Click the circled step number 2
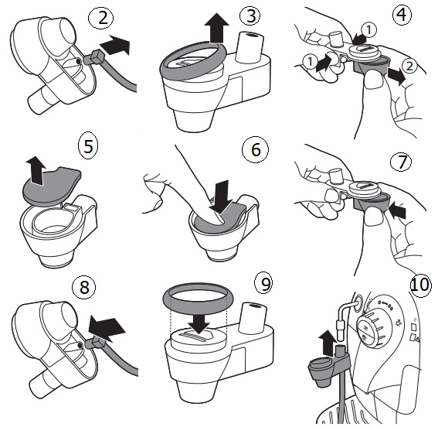101,18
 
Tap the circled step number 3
250,15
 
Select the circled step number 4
402,14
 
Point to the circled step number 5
88,146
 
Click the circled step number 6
255,149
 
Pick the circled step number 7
401,162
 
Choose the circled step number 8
83,287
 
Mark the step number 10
419,285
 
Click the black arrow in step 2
115,45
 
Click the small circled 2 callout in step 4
409,67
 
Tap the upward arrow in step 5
36,171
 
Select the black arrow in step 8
106,328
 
